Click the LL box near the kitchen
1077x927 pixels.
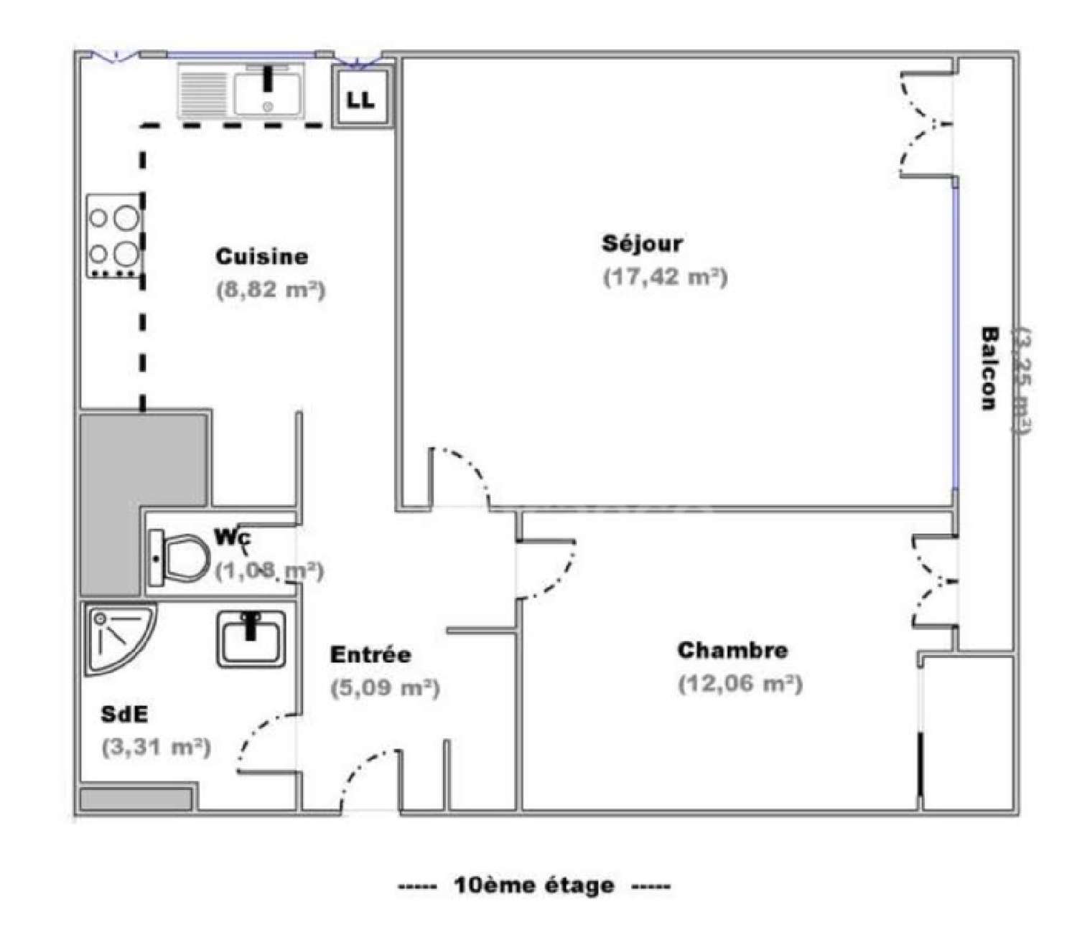click(x=361, y=100)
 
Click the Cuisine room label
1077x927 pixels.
click(x=261, y=257)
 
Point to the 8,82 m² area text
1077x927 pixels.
click(x=271, y=291)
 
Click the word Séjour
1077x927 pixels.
click(x=642, y=243)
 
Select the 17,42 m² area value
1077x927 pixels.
click(x=665, y=277)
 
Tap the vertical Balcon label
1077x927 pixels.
click(x=989, y=368)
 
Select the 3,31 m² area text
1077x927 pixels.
click(x=156, y=748)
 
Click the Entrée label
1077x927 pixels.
click(x=370, y=654)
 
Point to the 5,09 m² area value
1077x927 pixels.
click(x=385, y=688)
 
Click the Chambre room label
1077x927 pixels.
click(x=732, y=651)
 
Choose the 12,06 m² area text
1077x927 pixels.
click(x=740, y=684)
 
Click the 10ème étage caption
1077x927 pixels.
click(x=534, y=885)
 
